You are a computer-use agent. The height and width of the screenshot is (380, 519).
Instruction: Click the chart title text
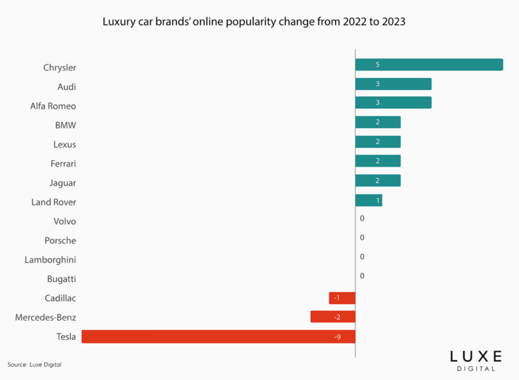[x=254, y=21]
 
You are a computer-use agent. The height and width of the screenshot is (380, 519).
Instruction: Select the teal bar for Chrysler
[x=429, y=65]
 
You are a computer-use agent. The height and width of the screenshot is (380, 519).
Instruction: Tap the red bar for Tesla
[x=218, y=337]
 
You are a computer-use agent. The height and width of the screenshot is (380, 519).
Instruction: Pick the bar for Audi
[x=393, y=84]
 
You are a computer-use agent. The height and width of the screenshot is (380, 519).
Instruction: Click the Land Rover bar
[x=369, y=201]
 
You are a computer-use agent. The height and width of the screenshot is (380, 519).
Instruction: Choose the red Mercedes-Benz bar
[x=333, y=317]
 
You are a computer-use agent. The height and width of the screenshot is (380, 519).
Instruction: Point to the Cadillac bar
[x=342, y=298]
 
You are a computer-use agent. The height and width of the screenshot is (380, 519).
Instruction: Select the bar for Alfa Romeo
[x=393, y=103]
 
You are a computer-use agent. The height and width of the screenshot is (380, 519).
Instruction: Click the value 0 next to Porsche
[x=362, y=238]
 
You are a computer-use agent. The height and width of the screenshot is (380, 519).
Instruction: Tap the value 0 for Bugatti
[x=362, y=276]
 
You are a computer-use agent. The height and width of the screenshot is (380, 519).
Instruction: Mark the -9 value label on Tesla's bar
[x=337, y=337]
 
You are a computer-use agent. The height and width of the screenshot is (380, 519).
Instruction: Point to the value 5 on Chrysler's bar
[x=377, y=65]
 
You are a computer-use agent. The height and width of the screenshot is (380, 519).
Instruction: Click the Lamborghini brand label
[x=51, y=260]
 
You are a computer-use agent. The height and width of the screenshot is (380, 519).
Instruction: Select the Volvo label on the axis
[x=65, y=221]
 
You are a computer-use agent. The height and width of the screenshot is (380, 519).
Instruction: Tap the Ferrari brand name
[x=63, y=163]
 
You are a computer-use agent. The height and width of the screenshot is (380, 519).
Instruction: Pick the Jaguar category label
[x=63, y=183]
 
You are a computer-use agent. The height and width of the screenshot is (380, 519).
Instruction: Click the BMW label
[x=65, y=125]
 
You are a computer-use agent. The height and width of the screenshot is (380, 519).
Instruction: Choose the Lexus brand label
[x=65, y=145]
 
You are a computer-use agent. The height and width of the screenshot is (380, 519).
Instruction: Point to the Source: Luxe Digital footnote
[x=39, y=365]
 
